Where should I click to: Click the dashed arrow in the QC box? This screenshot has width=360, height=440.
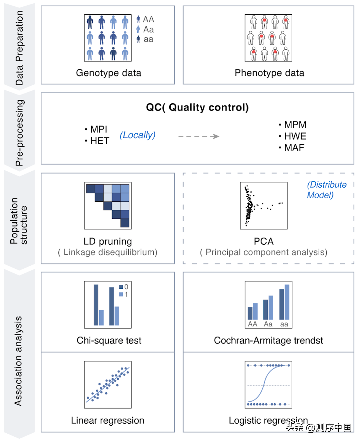[x=199, y=136]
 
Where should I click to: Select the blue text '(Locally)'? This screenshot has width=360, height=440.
[x=137, y=135]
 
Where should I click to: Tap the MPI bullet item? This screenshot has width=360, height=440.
[x=96, y=129]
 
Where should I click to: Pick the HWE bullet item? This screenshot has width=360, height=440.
[x=293, y=136]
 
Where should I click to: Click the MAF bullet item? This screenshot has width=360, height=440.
[x=292, y=148]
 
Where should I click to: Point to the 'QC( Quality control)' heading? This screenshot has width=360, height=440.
[x=197, y=107]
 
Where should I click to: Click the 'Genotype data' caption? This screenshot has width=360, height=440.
[x=109, y=73]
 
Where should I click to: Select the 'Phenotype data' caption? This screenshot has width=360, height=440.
[x=269, y=73]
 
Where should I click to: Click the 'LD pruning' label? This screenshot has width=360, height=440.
[x=108, y=241]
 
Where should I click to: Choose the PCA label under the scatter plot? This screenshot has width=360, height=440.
[x=263, y=241]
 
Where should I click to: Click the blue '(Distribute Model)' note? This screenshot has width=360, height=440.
[x=327, y=190]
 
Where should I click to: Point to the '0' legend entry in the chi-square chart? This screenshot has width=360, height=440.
[x=124, y=287]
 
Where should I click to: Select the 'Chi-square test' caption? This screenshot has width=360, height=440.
[x=109, y=341]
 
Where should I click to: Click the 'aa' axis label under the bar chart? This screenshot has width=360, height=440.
[x=284, y=324]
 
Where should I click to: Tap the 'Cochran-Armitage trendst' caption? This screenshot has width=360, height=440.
[x=268, y=341]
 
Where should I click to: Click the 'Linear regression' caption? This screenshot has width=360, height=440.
[x=108, y=420]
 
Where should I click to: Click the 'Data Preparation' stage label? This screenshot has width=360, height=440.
[x=19, y=48]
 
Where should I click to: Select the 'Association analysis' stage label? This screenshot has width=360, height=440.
[x=18, y=361]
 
